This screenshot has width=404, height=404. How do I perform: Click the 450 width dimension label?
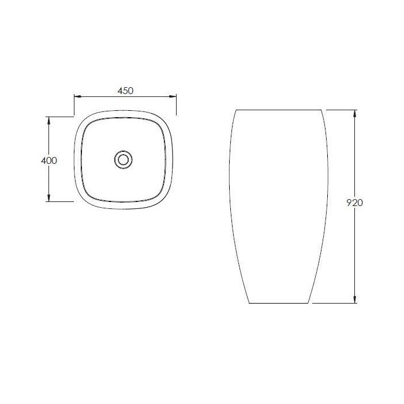point(125,91)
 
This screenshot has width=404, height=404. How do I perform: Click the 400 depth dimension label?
point(49,160)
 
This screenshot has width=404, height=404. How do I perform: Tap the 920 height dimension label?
point(354,203)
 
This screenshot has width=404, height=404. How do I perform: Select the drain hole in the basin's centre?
point(124,160)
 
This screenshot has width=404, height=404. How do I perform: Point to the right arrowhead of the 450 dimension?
point(173,96)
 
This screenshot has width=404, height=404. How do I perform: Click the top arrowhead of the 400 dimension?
point(48,120)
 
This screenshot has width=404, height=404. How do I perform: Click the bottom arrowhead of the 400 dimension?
point(48,198)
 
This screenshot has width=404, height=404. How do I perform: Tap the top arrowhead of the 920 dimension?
point(355,114)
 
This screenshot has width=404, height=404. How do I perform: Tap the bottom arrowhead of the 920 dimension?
point(355,300)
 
